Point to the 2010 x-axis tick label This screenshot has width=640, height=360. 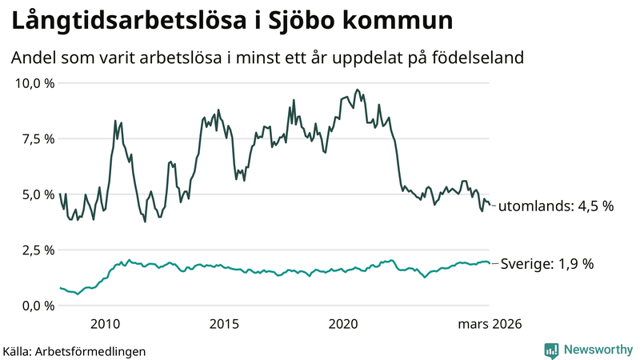[106, 324]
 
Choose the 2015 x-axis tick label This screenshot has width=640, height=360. [224, 324]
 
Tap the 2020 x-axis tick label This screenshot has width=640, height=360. [343, 324]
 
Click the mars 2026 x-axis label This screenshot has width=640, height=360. [489, 324]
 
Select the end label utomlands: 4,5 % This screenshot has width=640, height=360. [556, 206]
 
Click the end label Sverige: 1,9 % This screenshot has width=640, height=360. [546, 263]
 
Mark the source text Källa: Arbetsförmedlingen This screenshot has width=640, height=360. [74, 350]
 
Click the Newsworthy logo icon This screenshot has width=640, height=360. [551, 350]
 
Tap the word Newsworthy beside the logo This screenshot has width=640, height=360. [598, 350]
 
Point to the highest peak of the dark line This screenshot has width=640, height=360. [357, 90]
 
